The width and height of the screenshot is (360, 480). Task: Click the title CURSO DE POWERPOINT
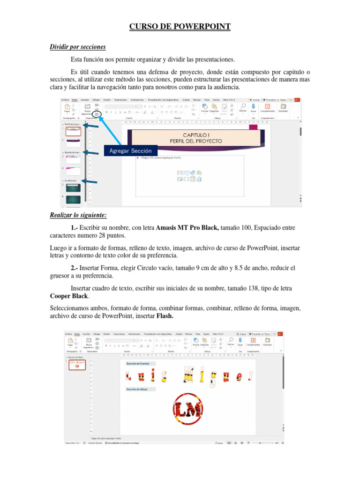pyautogui.click(x=180, y=27)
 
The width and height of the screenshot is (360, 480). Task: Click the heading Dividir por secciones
pyautogui.click(x=78, y=47)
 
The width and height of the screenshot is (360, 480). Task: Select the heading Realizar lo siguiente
pyautogui.click(x=78, y=215)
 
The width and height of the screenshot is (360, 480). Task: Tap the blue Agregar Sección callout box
pyautogui.click(x=130, y=151)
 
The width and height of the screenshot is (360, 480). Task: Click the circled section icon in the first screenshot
pyautogui.click(x=97, y=114)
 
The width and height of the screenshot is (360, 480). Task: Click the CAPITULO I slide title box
pyautogui.click(x=196, y=138)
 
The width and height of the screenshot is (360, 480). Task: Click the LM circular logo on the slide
pyautogui.click(x=187, y=408)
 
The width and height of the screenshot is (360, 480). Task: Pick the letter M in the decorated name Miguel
pyautogui.click(x=190, y=375)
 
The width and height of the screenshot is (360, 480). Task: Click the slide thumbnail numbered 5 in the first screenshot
pyautogui.click(x=73, y=187)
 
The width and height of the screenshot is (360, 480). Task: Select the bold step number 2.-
pyautogui.click(x=75, y=268)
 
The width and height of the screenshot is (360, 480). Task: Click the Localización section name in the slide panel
pyautogui.click(x=71, y=180)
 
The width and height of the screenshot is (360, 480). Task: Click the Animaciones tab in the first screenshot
pyautogui.click(x=137, y=99)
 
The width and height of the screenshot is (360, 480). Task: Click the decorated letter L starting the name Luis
pyautogui.click(x=128, y=375)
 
